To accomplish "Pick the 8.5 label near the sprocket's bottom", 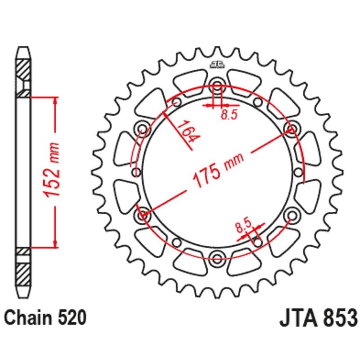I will point(243,224).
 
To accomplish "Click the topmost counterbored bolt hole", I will point(216,85).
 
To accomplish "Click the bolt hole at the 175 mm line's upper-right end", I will point(291,129).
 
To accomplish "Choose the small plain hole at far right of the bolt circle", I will point(297,171).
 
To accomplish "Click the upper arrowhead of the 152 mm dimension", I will point(55,99).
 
